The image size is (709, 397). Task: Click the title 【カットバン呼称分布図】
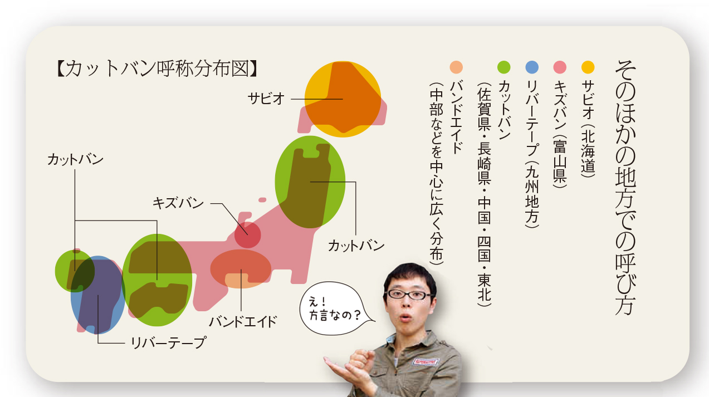pyautogui.click(x=157, y=68)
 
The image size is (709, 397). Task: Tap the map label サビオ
pyautogui.click(x=266, y=99)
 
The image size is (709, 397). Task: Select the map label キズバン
pyautogui.click(x=178, y=203)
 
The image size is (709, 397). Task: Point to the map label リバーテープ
pyautogui.click(x=169, y=342)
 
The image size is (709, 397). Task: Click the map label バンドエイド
pyautogui.click(x=243, y=322)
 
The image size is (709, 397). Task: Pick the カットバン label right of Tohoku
pyautogui.click(x=356, y=246)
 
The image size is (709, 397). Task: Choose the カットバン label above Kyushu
pyautogui.click(x=75, y=159)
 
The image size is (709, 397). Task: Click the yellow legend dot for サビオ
pyautogui.click(x=588, y=67)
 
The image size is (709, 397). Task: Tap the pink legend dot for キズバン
pyautogui.click(x=560, y=67)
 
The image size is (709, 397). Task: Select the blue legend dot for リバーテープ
pyautogui.click(x=532, y=67)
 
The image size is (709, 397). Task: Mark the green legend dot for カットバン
pyautogui.click(x=503, y=67)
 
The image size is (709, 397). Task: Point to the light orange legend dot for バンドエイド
pyautogui.click(x=456, y=67)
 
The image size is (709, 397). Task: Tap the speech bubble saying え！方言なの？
pyautogui.click(x=335, y=308)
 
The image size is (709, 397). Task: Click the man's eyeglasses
pyautogui.click(x=409, y=295)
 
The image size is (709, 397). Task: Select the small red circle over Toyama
pyautogui.click(x=247, y=235)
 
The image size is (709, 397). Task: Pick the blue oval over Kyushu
pyautogui.click(x=97, y=295)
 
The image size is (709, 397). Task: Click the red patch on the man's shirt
pyautogui.click(x=426, y=361)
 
